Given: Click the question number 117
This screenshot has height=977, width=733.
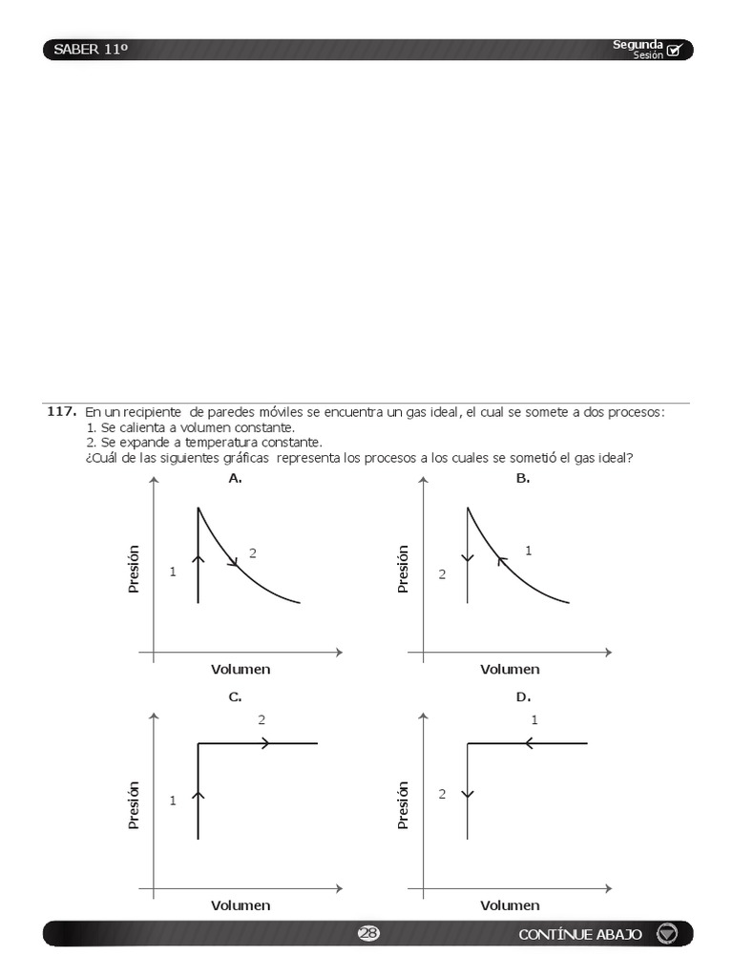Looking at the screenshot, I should [x=61, y=411].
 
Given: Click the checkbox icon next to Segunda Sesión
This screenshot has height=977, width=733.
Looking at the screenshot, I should [x=675, y=51].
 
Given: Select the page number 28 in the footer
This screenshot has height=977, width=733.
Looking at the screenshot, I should [x=367, y=934].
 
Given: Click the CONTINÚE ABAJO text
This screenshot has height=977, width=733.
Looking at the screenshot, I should [x=580, y=934].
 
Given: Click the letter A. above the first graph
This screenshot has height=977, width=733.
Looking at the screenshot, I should [x=235, y=479].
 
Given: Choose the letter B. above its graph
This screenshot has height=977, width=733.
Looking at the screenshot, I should [x=523, y=479].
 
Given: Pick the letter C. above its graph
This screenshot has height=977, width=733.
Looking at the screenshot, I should [x=235, y=697].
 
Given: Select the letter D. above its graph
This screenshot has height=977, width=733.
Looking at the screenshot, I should [x=523, y=697].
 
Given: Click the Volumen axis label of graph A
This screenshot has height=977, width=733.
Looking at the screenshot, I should [x=241, y=669].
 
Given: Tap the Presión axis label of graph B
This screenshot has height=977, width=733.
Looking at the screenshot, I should [x=403, y=569].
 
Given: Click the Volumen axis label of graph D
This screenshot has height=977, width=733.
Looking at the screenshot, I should [x=510, y=905].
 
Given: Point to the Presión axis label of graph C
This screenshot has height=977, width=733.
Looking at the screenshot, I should [x=134, y=804].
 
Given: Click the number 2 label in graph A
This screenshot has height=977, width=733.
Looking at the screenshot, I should [x=253, y=552].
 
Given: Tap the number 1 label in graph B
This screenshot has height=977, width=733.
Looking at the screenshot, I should [x=528, y=551].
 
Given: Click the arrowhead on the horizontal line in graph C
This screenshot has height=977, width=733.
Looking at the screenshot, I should [x=265, y=743].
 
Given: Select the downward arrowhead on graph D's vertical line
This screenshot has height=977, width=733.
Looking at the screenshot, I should [x=468, y=793].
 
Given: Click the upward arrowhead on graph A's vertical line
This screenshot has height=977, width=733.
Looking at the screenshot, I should [x=198, y=558].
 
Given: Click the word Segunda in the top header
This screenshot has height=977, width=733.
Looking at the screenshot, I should [x=638, y=44].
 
